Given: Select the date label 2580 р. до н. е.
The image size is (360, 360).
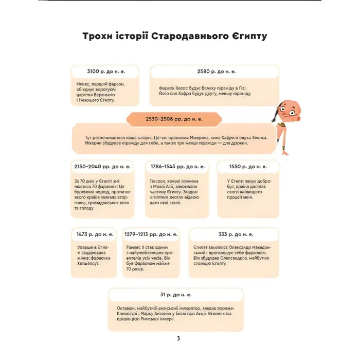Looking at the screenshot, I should pyautogui.click(x=217, y=71).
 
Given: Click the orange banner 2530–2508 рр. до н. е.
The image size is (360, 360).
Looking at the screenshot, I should pyautogui.click(x=174, y=119).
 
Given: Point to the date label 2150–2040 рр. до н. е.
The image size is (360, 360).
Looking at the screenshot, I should pyautogui.click(x=103, y=167).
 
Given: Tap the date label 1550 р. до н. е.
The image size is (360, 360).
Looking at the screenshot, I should pyautogui.click(x=248, y=167).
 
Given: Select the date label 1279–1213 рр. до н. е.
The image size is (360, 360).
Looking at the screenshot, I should pyautogui.click(x=151, y=235).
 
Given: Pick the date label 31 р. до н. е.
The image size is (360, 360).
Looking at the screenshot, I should pyautogui.click(x=176, y=295).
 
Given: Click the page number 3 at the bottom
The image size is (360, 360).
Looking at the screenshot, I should pyautogui.click(x=178, y=338).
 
